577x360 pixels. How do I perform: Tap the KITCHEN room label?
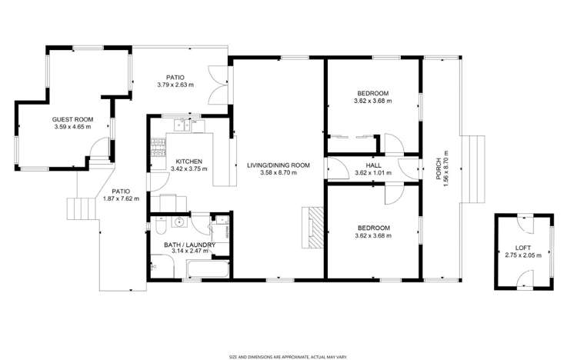click(167, 162)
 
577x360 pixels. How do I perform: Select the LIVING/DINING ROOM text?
click(278, 165)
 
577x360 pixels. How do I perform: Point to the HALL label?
click(373, 165)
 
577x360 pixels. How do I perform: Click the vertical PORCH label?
click(439, 165)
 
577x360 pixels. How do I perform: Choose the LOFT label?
click(522, 248)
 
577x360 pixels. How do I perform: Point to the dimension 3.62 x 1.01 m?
click(373, 173)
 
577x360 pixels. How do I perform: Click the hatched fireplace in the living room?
click(315, 228)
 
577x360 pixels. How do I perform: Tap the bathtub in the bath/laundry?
click(208, 269)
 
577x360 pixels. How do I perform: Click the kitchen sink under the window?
click(182, 123)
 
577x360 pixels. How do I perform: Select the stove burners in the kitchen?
click(157, 146)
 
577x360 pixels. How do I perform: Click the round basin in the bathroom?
click(178, 224)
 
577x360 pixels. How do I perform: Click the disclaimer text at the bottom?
click(288, 355)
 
